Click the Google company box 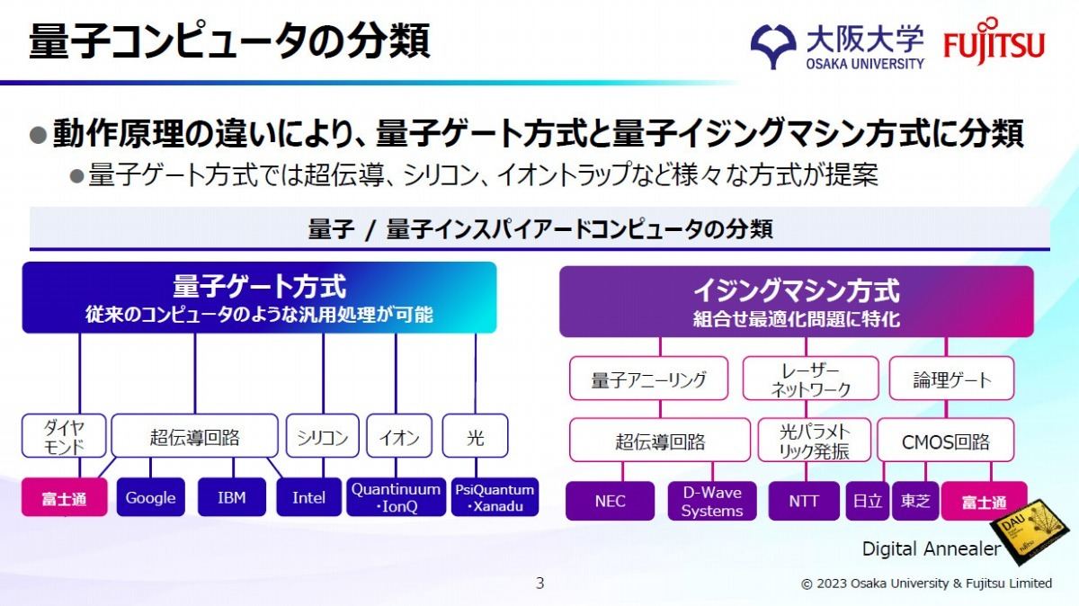151,497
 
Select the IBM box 232,497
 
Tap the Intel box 308,497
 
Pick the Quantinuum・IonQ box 396,497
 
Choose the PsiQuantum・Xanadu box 495,497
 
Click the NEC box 610,501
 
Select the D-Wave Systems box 712,501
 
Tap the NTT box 804,501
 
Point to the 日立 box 867,501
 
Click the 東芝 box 915,501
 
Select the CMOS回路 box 946,441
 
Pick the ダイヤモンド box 64,435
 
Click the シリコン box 322,435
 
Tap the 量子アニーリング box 648,379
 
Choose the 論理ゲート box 951,379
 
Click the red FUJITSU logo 994,41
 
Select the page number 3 540,584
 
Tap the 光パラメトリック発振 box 814,441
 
